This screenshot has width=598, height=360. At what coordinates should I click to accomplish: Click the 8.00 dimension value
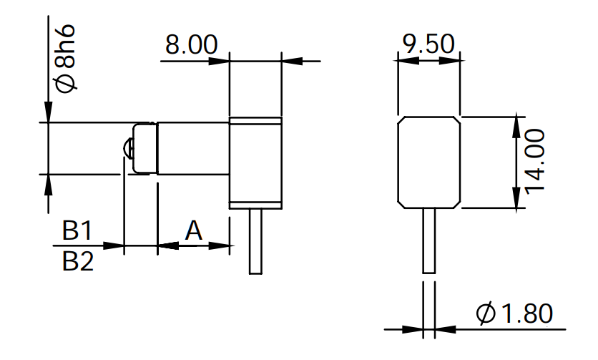coord(191,44)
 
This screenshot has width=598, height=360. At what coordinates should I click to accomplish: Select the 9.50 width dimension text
coord(428,44)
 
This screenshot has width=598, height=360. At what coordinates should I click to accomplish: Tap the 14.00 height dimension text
coord(535,162)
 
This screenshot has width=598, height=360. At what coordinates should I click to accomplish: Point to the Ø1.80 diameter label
coord(514,313)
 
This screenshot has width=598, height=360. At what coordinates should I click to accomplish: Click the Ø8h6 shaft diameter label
coord(66,59)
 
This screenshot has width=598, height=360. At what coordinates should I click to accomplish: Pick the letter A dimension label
coord(193,230)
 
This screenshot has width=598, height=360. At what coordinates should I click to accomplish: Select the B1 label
coord(77,230)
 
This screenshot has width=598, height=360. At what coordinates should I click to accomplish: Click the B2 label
coord(78,261)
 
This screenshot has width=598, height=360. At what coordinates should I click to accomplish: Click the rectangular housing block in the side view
coord(255,163)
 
